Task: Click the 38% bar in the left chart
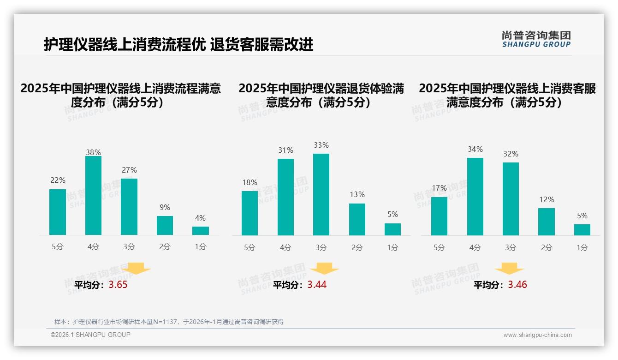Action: (93, 196)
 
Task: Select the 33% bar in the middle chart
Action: (321, 194)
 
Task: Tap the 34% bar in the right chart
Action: (475, 197)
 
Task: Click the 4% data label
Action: (200, 218)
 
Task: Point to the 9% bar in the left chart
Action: (165, 225)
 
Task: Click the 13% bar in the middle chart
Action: (357, 219)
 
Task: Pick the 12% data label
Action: (547, 200)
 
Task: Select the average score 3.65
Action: (118, 285)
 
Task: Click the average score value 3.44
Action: (317, 285)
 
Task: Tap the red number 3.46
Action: (517, 285)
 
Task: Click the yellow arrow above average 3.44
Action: (324, 268)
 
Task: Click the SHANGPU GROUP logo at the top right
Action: (536, 39)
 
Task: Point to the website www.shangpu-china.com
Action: (537, 335)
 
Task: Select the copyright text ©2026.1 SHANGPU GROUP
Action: (90, 335)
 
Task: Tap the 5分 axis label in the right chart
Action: (439, 248)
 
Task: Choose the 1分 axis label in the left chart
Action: (200, 247)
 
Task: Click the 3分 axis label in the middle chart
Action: (321, 248)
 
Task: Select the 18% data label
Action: (250, 183)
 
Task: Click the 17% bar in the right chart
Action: (439, 216)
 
